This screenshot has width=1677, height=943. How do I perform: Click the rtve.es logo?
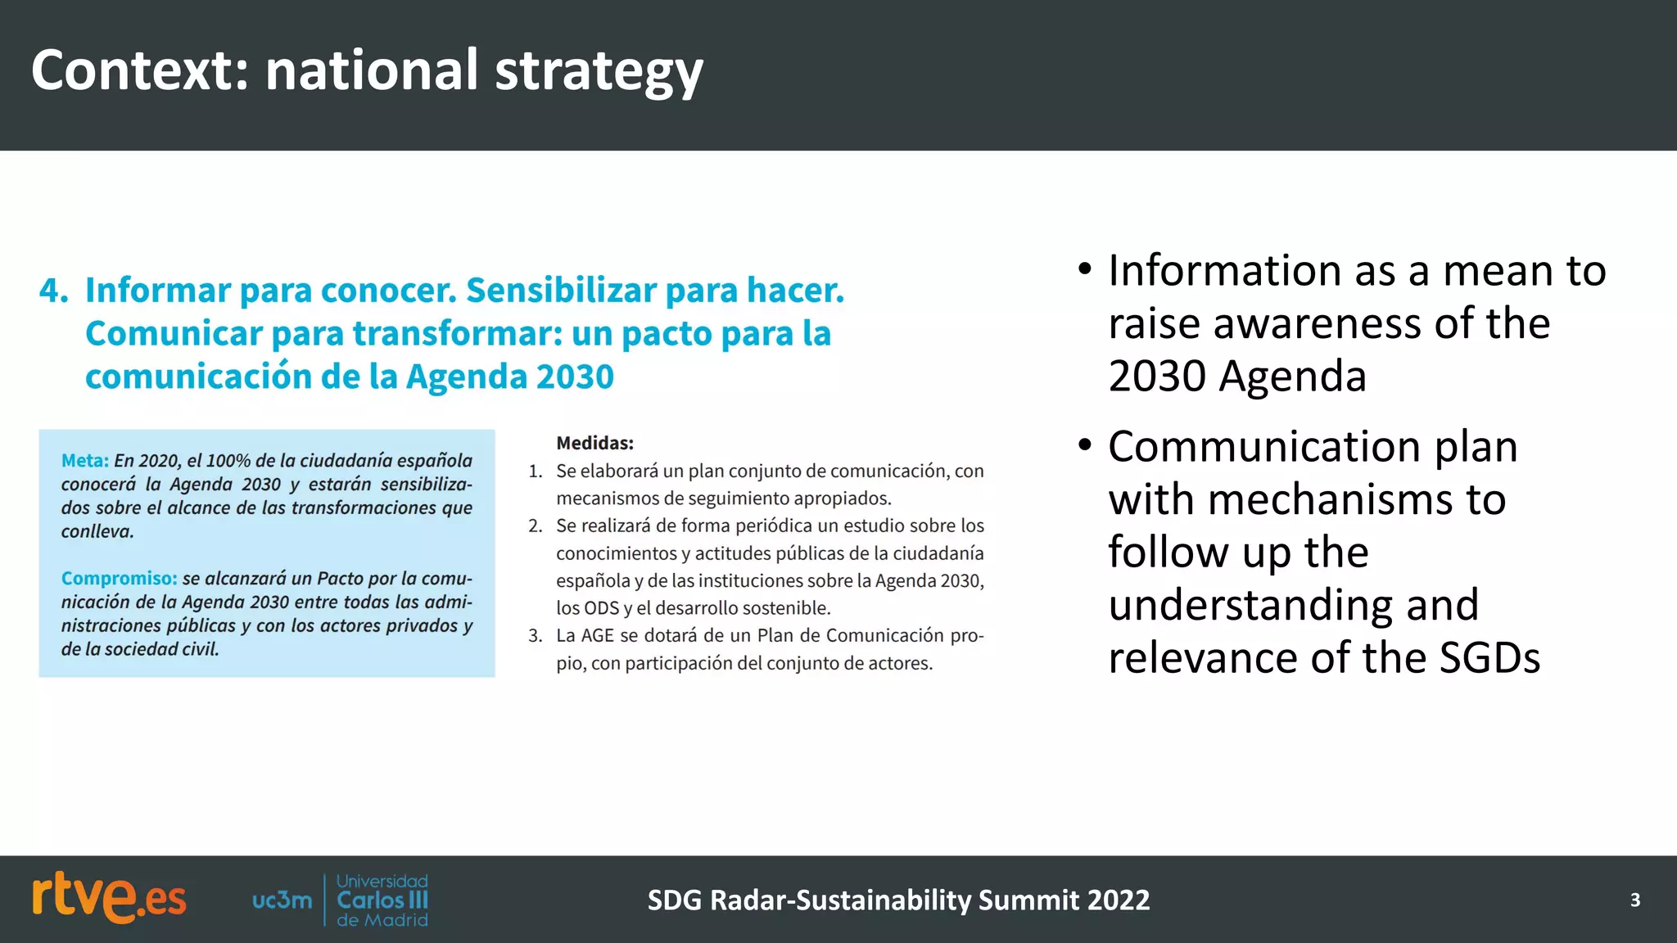(x=109, y=899)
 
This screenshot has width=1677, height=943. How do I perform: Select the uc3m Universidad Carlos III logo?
(x=341, y=900)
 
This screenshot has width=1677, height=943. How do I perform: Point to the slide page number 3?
(x=1634, y=900)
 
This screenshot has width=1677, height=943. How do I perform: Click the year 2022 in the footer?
(x=1119, y=900)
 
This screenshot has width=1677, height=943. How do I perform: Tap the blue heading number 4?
(x=53, y=291)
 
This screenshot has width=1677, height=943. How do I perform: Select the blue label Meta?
(x=84, y=461)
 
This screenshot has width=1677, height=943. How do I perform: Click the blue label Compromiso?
(x=119, y=579)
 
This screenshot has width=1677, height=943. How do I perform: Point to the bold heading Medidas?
(x=594, y=444)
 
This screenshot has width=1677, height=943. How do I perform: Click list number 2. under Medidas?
(x=535, y=526)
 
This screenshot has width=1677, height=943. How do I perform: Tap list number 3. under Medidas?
(x=535, y=636)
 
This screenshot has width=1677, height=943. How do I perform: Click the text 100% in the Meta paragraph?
(x=228, y=461)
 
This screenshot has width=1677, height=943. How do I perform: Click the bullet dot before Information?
(x=1085, y=270)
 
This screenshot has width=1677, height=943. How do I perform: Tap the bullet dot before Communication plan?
(x=1085, y=446)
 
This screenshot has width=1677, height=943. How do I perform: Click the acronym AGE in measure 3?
(x=597, y=636)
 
